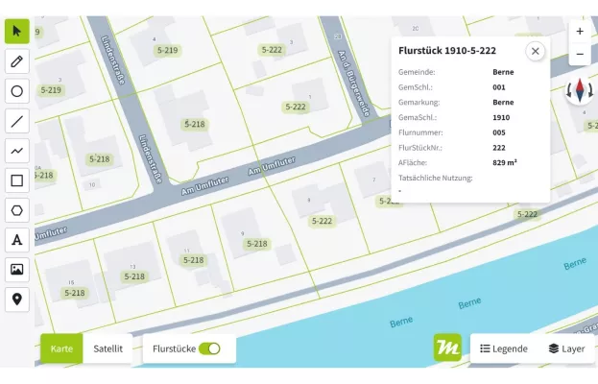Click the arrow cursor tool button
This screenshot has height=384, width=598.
point(17,31)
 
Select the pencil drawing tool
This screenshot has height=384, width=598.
point(17,61)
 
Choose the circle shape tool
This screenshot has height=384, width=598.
point(17,91)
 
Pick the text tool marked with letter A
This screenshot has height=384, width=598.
point(17,240)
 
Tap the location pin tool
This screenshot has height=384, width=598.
point(17,300)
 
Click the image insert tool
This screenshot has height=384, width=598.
point(17,270)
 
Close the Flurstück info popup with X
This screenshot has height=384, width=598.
point(535,51)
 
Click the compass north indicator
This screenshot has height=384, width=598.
point(580,91)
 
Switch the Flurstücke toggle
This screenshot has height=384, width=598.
point(209,348)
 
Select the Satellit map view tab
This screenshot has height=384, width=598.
point(108,348)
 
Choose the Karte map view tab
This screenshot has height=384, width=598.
point(61,348)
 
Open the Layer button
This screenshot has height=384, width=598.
point(567,348)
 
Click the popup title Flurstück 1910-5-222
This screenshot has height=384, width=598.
point(447,50)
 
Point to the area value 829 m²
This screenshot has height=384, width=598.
point(505,162)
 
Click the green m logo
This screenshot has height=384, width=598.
point(447,348)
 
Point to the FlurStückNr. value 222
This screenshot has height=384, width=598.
point(499,148)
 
